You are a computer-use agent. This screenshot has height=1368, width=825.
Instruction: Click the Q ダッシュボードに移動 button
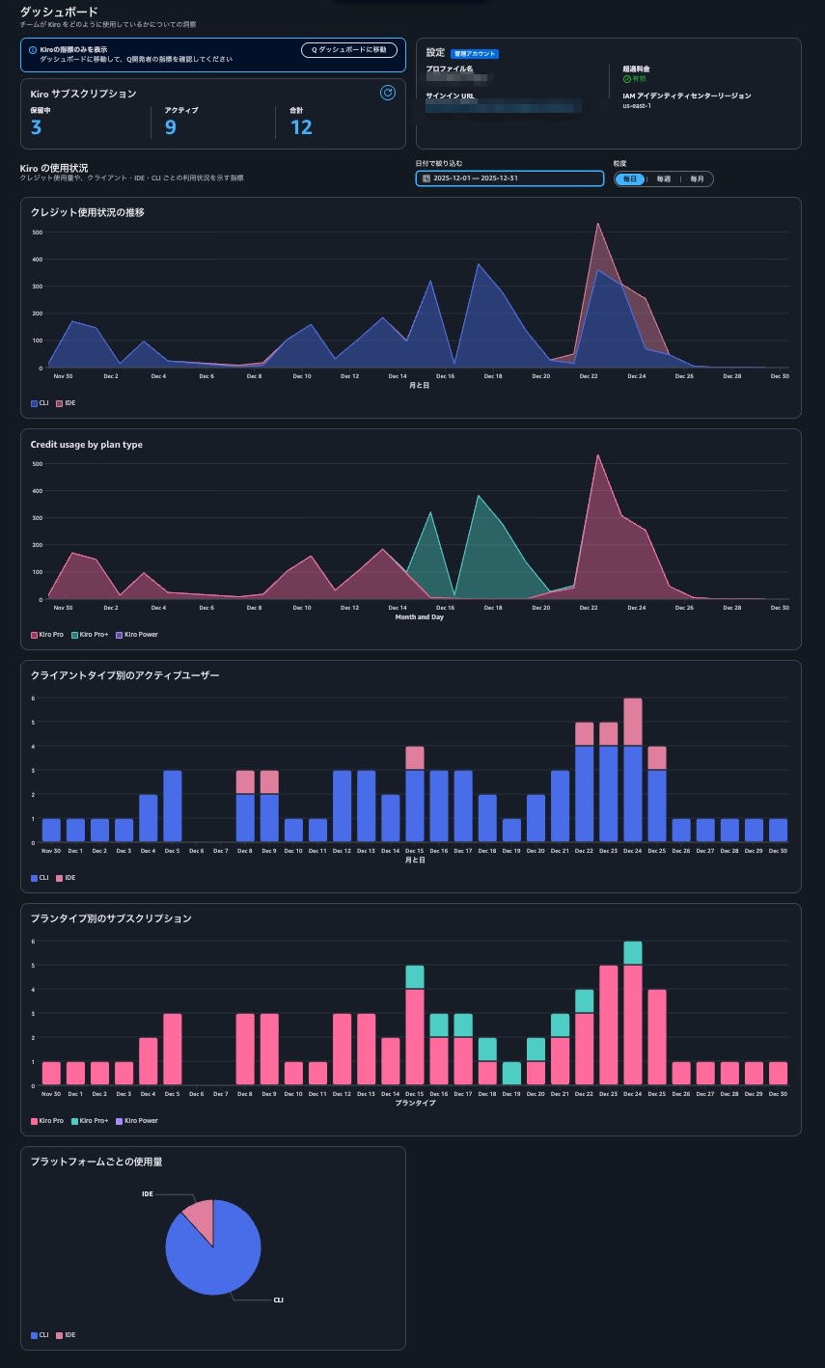pos(348,49)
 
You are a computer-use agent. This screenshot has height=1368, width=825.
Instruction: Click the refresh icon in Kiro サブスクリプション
pos(388,93)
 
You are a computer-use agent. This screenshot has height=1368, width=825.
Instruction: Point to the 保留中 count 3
pos(36,127)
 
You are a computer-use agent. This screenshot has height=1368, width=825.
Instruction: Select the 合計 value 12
pos(301,127)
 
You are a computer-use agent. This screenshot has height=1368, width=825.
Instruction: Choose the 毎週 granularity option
pos(663,178)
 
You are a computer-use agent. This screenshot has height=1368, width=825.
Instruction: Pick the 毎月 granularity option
pos(696,178)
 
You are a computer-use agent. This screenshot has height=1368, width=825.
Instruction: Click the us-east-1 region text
pos(637,105)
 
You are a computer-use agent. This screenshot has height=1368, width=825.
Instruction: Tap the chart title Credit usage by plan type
pos(87,445)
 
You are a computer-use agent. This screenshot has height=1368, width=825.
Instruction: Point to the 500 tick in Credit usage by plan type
pos(38,464)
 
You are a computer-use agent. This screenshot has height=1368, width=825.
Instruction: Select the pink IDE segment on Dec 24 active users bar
pos(633,722)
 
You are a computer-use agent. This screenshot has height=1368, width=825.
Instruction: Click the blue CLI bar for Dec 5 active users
pos(173,806)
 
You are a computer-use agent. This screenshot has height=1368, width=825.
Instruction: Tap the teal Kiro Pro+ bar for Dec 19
pos(511,1073)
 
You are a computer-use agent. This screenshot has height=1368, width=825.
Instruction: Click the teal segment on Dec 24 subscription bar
pos(633,952)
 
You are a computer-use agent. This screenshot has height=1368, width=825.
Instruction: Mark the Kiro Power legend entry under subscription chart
pos(136,1121)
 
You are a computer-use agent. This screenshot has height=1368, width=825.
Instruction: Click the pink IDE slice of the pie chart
pos(199,1218)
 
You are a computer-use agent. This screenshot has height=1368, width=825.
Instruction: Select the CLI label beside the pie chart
pos(278,1300)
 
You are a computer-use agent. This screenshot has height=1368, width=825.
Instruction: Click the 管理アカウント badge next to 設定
pos(475,53)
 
